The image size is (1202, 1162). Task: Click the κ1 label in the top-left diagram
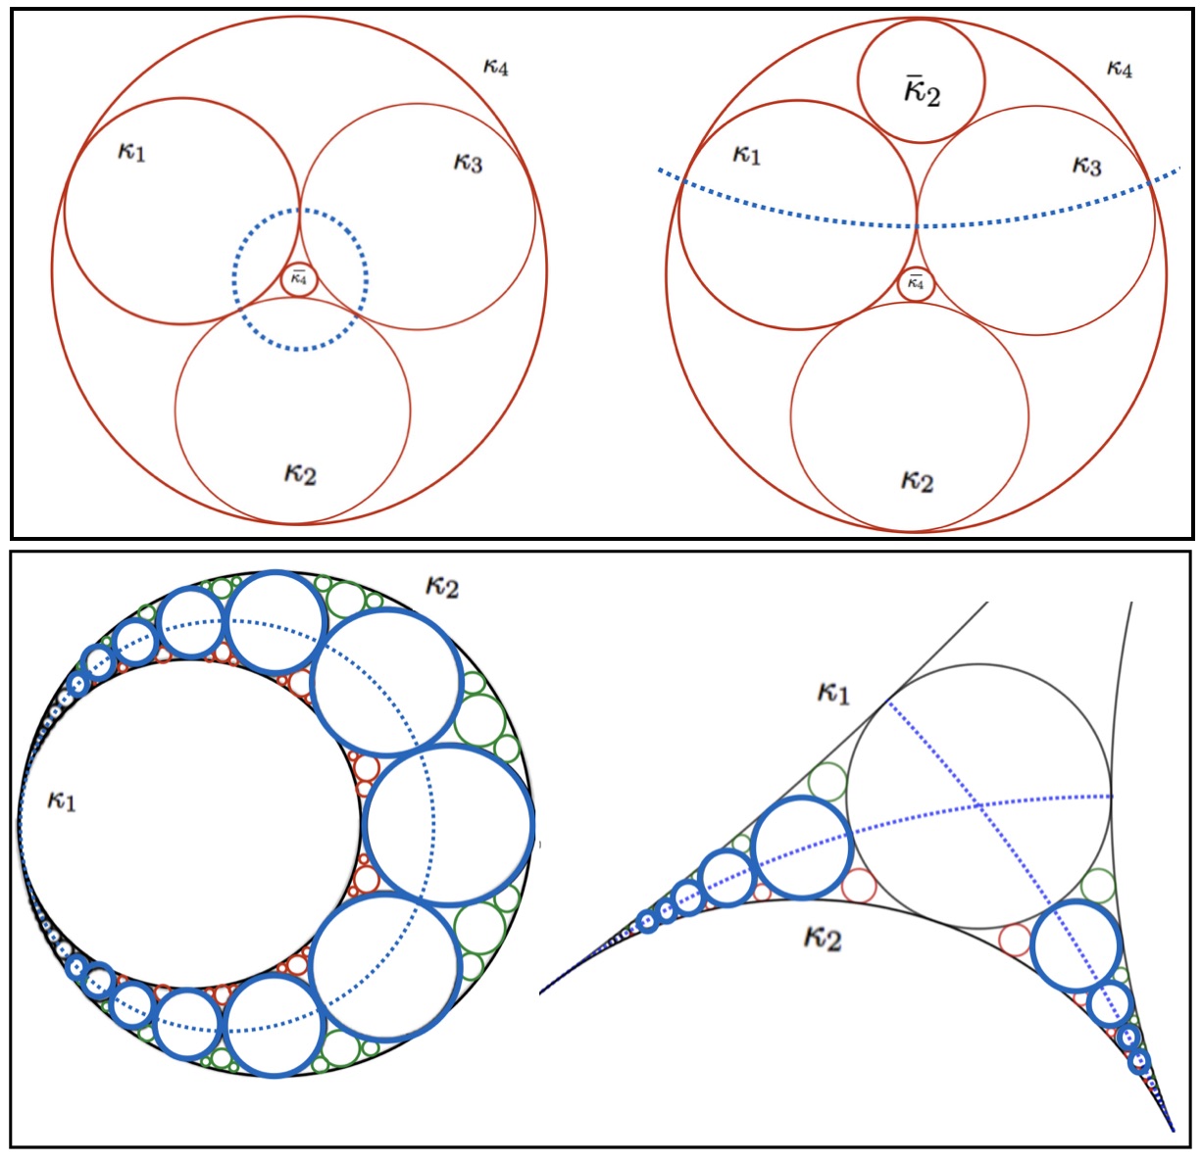(131, 152)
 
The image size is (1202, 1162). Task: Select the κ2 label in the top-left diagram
(300, 474)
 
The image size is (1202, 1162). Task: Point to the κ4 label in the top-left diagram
(496, 68)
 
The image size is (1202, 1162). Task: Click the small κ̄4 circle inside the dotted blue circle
(299, 279)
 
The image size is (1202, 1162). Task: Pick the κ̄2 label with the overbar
(922, 92)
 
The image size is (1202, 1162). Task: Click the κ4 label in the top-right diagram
(1119, 69)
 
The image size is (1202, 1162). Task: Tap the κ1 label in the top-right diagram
(746, 155)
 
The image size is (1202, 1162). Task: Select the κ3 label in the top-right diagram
(1086, 165)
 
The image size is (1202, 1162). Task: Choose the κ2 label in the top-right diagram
(917, 480)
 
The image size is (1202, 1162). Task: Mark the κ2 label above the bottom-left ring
(442, 587)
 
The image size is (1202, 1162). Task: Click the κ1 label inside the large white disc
(61, 800)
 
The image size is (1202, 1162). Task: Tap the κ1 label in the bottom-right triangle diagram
(833, 694)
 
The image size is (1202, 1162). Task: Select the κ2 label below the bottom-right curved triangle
(823, 939)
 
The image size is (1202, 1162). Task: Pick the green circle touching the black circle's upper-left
(827, 783)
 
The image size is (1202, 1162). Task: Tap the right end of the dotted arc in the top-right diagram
(1176, 172)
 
